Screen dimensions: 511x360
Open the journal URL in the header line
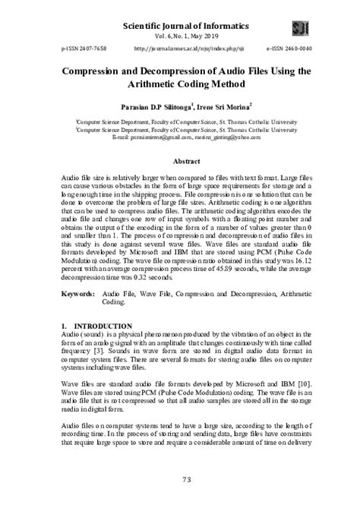coord(178,47)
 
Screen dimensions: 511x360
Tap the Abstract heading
coord(180,162)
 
